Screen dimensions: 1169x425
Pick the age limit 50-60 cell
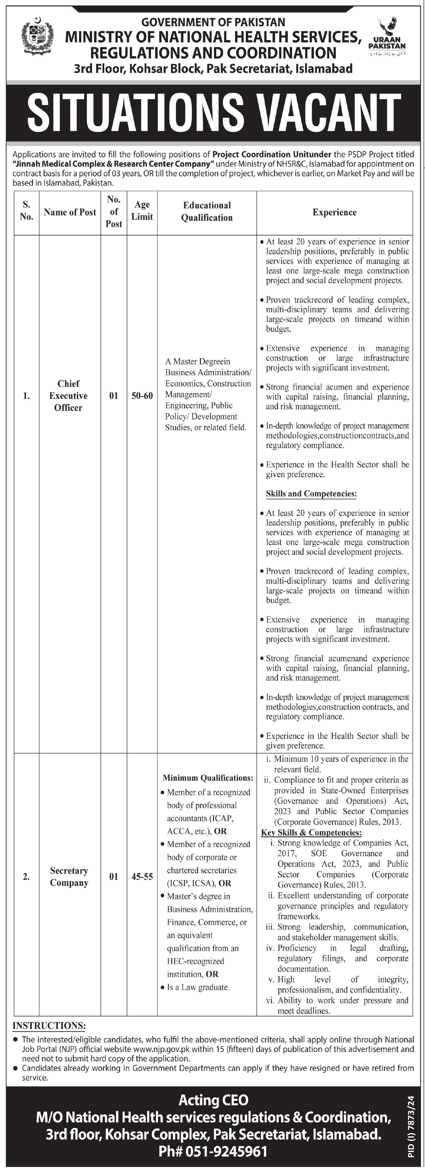click(x=142, y=396)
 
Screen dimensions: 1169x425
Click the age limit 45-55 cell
click(x=142, y=877)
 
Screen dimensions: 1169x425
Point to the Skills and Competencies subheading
click(x=312, y=493)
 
